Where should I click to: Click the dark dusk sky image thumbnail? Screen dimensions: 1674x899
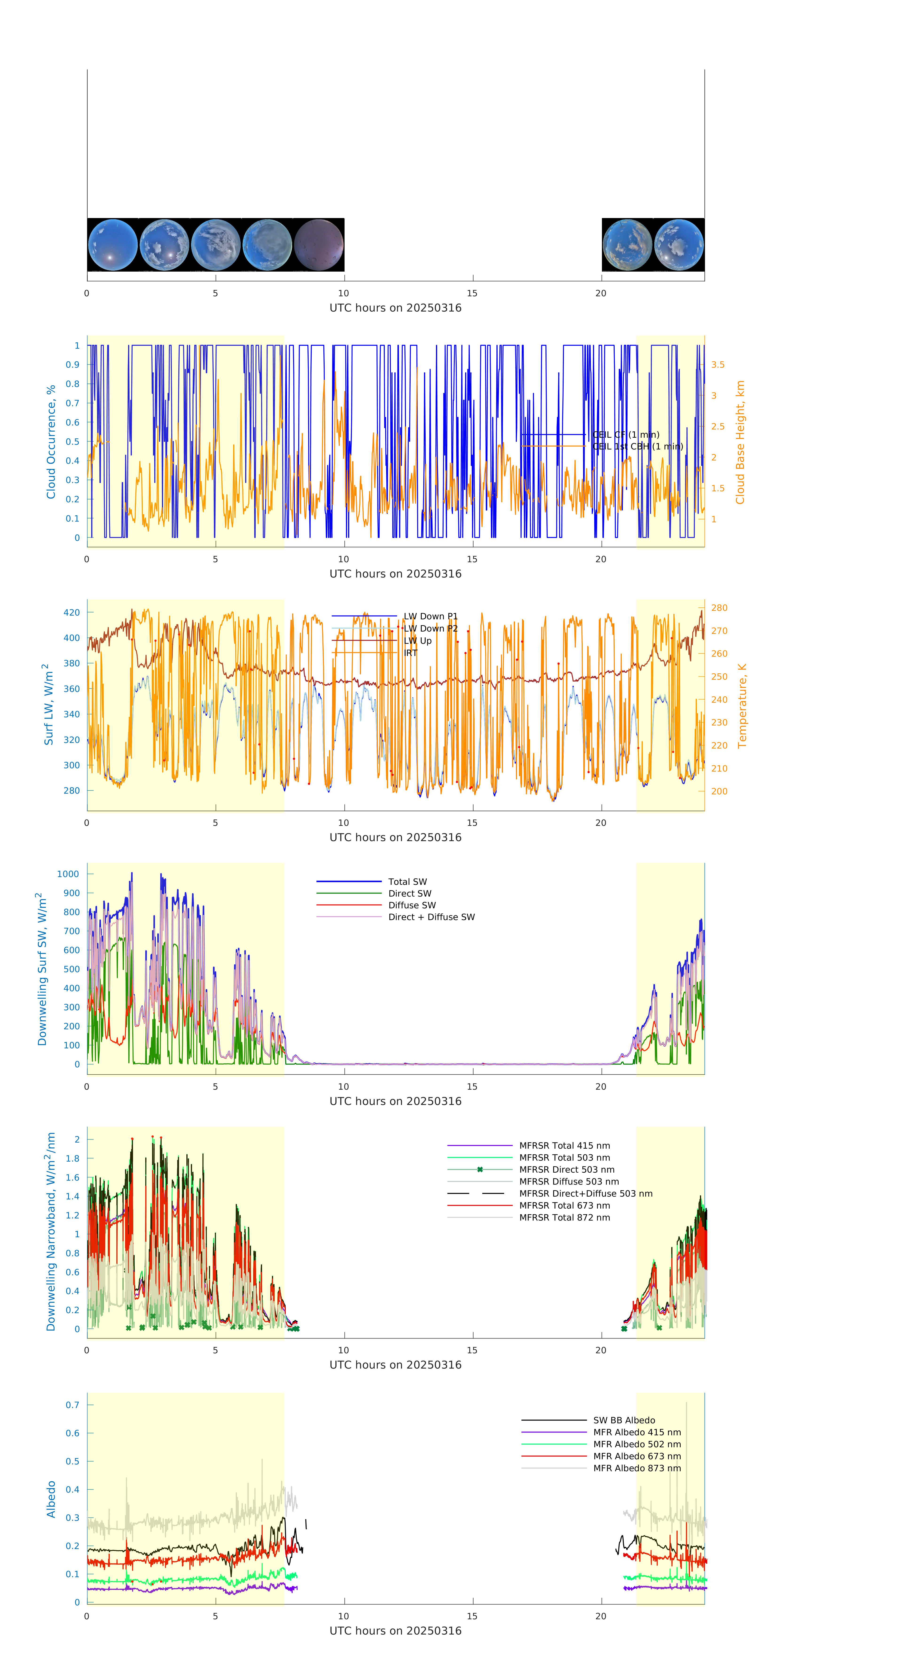[318, 245]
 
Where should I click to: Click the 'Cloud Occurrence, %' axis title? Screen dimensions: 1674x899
[51, 442]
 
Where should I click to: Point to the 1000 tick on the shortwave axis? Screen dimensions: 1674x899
[68, 874]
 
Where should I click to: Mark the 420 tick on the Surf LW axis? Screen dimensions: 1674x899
[71, 612]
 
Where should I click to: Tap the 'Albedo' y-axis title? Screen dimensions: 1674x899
[51, 1499]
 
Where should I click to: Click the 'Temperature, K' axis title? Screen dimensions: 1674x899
[742, 706]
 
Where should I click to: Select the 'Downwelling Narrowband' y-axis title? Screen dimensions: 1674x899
[51, 1231]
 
